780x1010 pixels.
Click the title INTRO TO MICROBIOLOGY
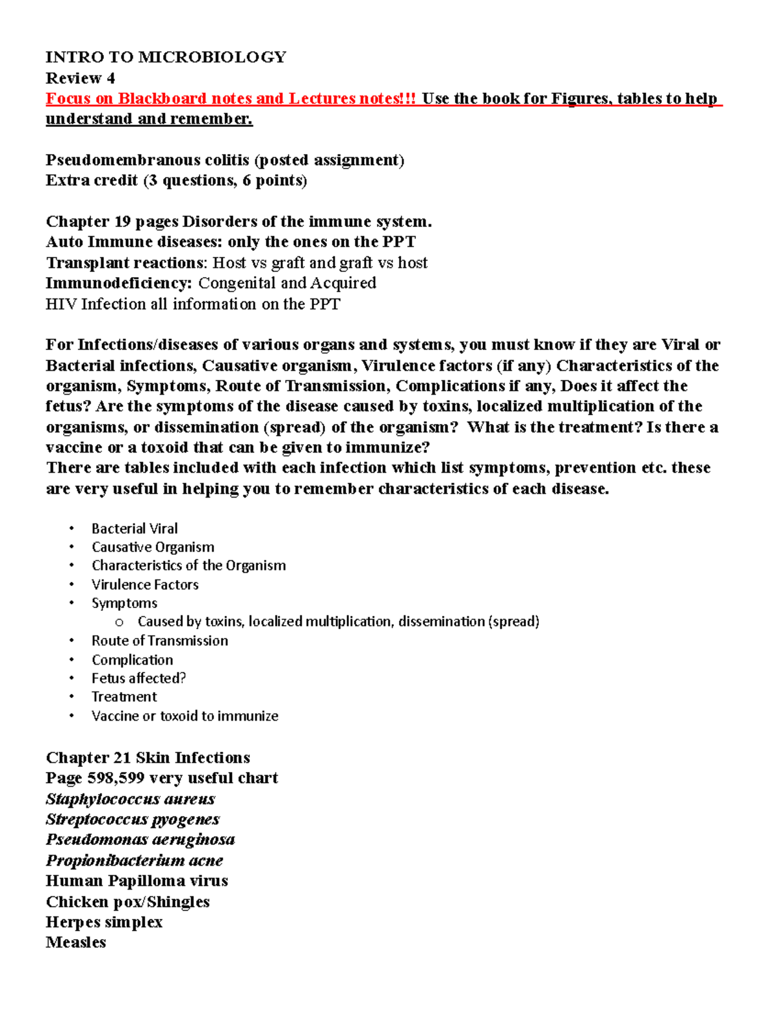[166, 57]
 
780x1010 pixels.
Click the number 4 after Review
[111, 78]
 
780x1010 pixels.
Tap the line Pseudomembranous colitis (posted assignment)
[225, 160]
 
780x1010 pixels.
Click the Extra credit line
[176, 180]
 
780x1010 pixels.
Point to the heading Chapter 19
[88, 222]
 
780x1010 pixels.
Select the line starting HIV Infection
[192, 304]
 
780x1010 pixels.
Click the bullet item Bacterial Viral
[135, 529]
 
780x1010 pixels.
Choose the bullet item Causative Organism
[153, 547]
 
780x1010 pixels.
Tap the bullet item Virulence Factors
[145, 585]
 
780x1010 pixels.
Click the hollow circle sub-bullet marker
[119, 622]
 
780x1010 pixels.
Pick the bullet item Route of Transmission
[160, 641]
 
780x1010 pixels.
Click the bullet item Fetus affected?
[138, 678]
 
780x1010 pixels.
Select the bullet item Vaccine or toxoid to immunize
[185, 716]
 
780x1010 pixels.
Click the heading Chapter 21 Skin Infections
[148, 758]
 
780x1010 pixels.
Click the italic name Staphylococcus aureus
[130, 799]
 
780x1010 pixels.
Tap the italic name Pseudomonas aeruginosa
[140, 840]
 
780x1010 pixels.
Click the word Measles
[75, 942]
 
